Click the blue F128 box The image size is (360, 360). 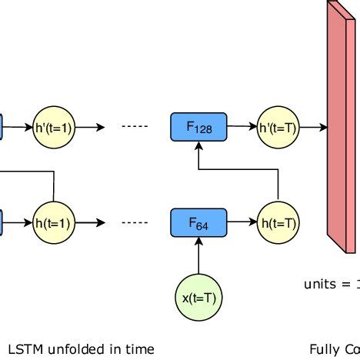click(x=198, y=127)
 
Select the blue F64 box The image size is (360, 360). click(x=198, y=223)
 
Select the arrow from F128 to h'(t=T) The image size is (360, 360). click(x=242, y=127)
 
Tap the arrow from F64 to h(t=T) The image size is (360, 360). click(x=242, y=223)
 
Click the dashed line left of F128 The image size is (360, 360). click(x=135, y=128)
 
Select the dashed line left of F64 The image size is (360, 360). click(x=135, y=224)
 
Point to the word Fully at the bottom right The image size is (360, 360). click(x=323, y=349)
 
